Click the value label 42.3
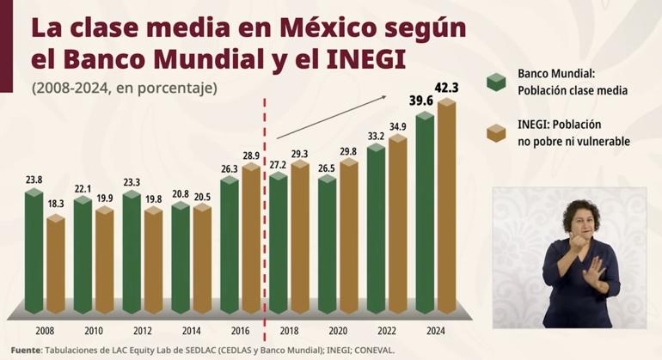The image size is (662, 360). pyautogui.click(x=447, y=87)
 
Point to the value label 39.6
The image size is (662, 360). pyautogui.click(x=421, y=101)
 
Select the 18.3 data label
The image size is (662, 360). pyautogui.click(x=56, y=204)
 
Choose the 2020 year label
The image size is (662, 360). pyautogui.click(x=338, y=330)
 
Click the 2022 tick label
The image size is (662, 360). pyautogui.click(x=387, y=330)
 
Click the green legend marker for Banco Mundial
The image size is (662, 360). pyautogui.click(x=497, y=82)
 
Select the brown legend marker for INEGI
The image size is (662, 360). pyautogui.click(x=497, y=132)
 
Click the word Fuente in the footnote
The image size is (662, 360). pyautogui.click(x=25, y=351)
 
